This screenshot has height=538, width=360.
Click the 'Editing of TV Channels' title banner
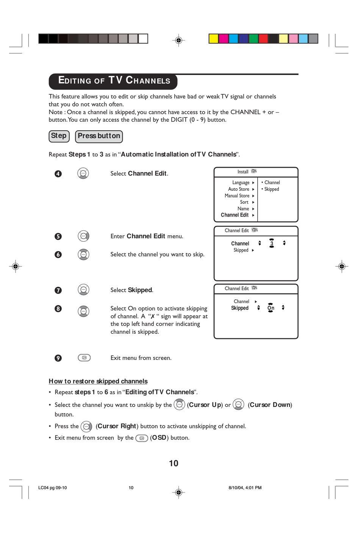pos(113,81)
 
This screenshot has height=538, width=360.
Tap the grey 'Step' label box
pos(59,136)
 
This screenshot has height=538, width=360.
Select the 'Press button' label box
pos(99,136)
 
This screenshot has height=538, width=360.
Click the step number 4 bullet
pos(58,174)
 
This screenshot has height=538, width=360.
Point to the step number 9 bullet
pos(58,358)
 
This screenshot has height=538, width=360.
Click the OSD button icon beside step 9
pos(84,358)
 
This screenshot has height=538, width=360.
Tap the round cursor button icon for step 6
pos(83,255)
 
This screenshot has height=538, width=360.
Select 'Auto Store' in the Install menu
pos(239,189)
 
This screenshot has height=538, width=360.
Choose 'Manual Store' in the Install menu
pos(237,196)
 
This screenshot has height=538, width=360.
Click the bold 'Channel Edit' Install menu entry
pos(235,215)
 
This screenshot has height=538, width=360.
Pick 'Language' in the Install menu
pos(241,183)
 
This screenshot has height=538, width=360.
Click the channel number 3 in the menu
pos(272,244)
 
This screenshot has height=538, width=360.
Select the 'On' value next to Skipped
pos(271,308)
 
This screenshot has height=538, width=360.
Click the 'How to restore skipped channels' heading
pos(98,381)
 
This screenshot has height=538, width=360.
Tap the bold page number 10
pos(174,463)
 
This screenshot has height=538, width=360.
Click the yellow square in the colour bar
pos(214,39)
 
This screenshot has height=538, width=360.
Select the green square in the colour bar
pos(254,39)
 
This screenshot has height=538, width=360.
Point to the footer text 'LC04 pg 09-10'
pos(52,488)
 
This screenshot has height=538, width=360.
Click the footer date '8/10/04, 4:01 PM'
pos(245,488)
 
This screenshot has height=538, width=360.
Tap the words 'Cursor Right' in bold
pos(117,426)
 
